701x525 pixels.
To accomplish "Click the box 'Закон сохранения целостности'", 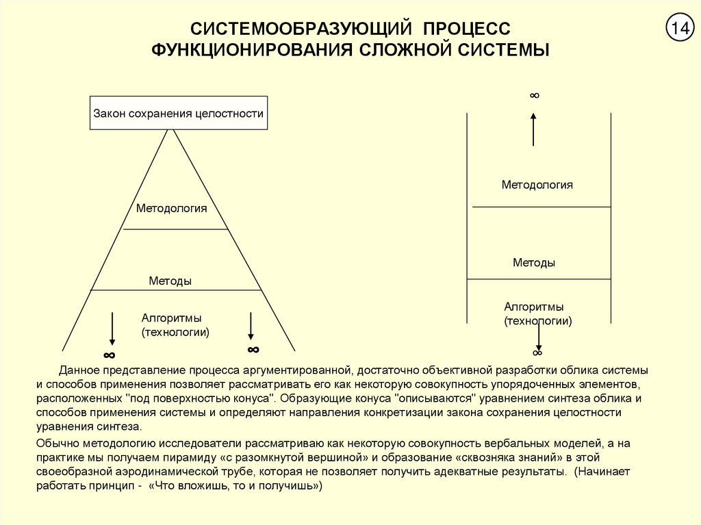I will pos(179,114).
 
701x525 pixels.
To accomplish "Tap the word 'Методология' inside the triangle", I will pos(171,208).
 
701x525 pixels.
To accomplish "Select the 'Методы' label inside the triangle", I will pos(170,281).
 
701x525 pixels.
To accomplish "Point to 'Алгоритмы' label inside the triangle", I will pos(172,318).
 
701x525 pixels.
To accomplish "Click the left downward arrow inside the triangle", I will pos(112,329).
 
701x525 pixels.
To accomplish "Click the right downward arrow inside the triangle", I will pos(251,326).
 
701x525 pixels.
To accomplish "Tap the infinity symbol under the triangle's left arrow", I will pos(110,355).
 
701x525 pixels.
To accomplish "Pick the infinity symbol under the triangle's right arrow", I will pos(253,350).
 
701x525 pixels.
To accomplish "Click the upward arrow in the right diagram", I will pos(534,129).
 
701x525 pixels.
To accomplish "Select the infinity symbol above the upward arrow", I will pos(534,95).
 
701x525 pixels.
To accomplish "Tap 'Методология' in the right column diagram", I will pos(537,185).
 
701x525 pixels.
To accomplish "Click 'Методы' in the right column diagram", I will pos(534,263).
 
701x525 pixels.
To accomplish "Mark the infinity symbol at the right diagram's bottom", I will pos(537,353).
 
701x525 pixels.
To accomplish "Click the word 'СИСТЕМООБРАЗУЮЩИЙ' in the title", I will pos(300,29).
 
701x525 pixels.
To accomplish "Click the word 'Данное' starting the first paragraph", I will pos(79,370).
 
